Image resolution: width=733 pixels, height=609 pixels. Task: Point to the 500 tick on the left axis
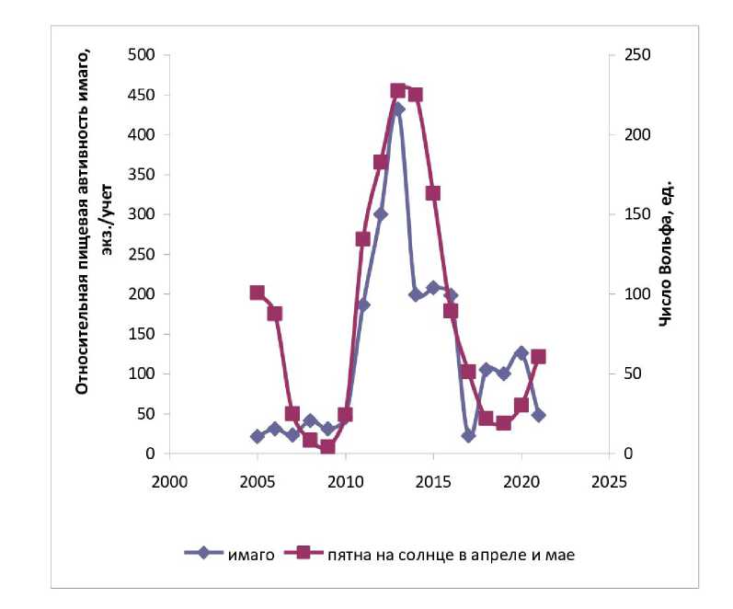[142, 54]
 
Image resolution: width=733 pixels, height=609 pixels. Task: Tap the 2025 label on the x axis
[610, 481]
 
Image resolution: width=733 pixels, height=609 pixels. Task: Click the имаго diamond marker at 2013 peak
[398, 109]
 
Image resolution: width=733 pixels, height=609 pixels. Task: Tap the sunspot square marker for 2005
[257, 293]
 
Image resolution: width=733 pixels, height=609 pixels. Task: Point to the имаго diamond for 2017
[468, 435]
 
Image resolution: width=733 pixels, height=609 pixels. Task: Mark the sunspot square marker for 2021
[539, 356]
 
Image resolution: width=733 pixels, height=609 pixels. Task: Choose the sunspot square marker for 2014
[416, 95]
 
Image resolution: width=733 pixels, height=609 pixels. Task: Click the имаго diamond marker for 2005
[257, 436]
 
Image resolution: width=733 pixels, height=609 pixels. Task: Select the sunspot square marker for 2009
[327, 447]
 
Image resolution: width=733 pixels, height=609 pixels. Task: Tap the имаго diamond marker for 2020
[521, 352]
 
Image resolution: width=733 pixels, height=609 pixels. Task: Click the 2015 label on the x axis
[433, 481]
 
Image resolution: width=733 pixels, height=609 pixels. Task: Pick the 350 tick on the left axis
[142, 174]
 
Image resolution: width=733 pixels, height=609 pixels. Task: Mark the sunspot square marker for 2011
[362, 239]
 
